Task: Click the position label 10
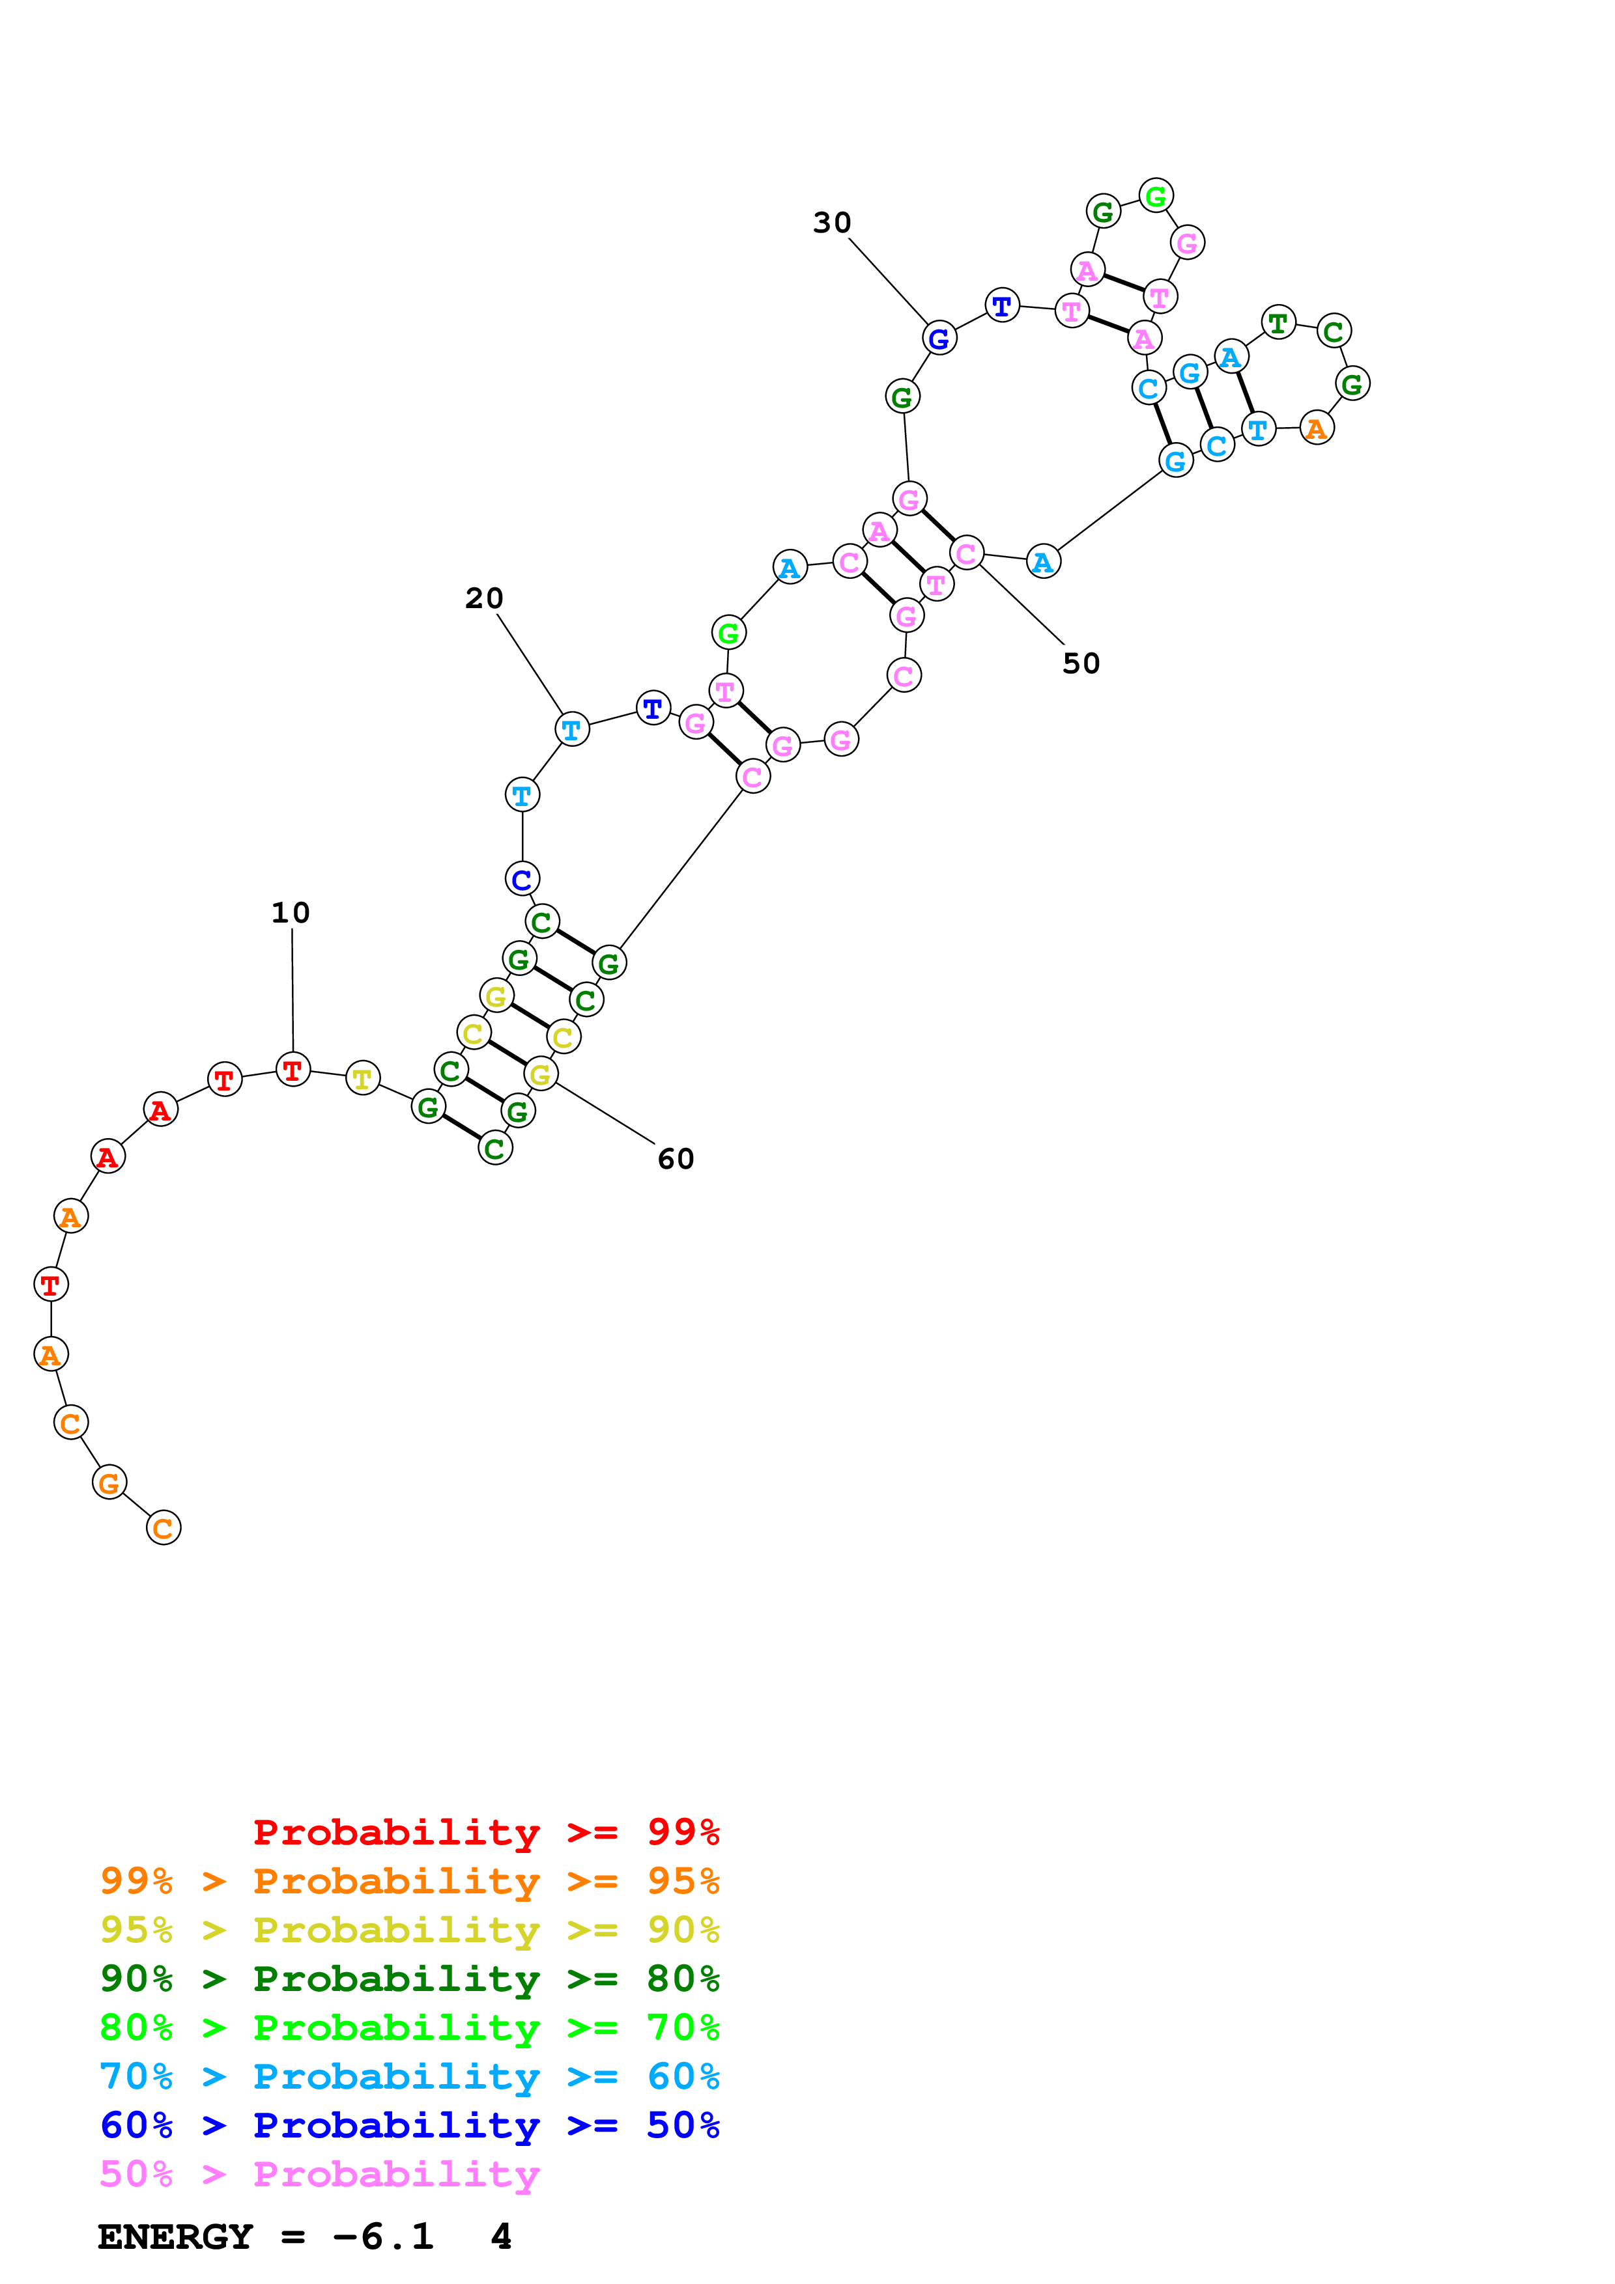[x=291, y=912]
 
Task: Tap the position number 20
[x=485, y=598]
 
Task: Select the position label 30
[x=832, y=223]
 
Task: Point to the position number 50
[x=1081, y=663]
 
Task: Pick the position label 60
[x=676, y=1159]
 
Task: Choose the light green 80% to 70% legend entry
[x=409, y=2027]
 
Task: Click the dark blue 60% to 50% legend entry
[x=409, y=2125]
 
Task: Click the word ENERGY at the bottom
[x=175, y=2236]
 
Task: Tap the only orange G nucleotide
[x=109, y=1483]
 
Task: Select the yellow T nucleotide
[x=362, y=1078]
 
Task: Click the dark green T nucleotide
[x=1278, y=322]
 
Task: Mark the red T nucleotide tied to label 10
[x=293, y=1070]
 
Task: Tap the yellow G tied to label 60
[x=540, y=1074]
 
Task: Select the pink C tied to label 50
[x=966, y=553]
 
